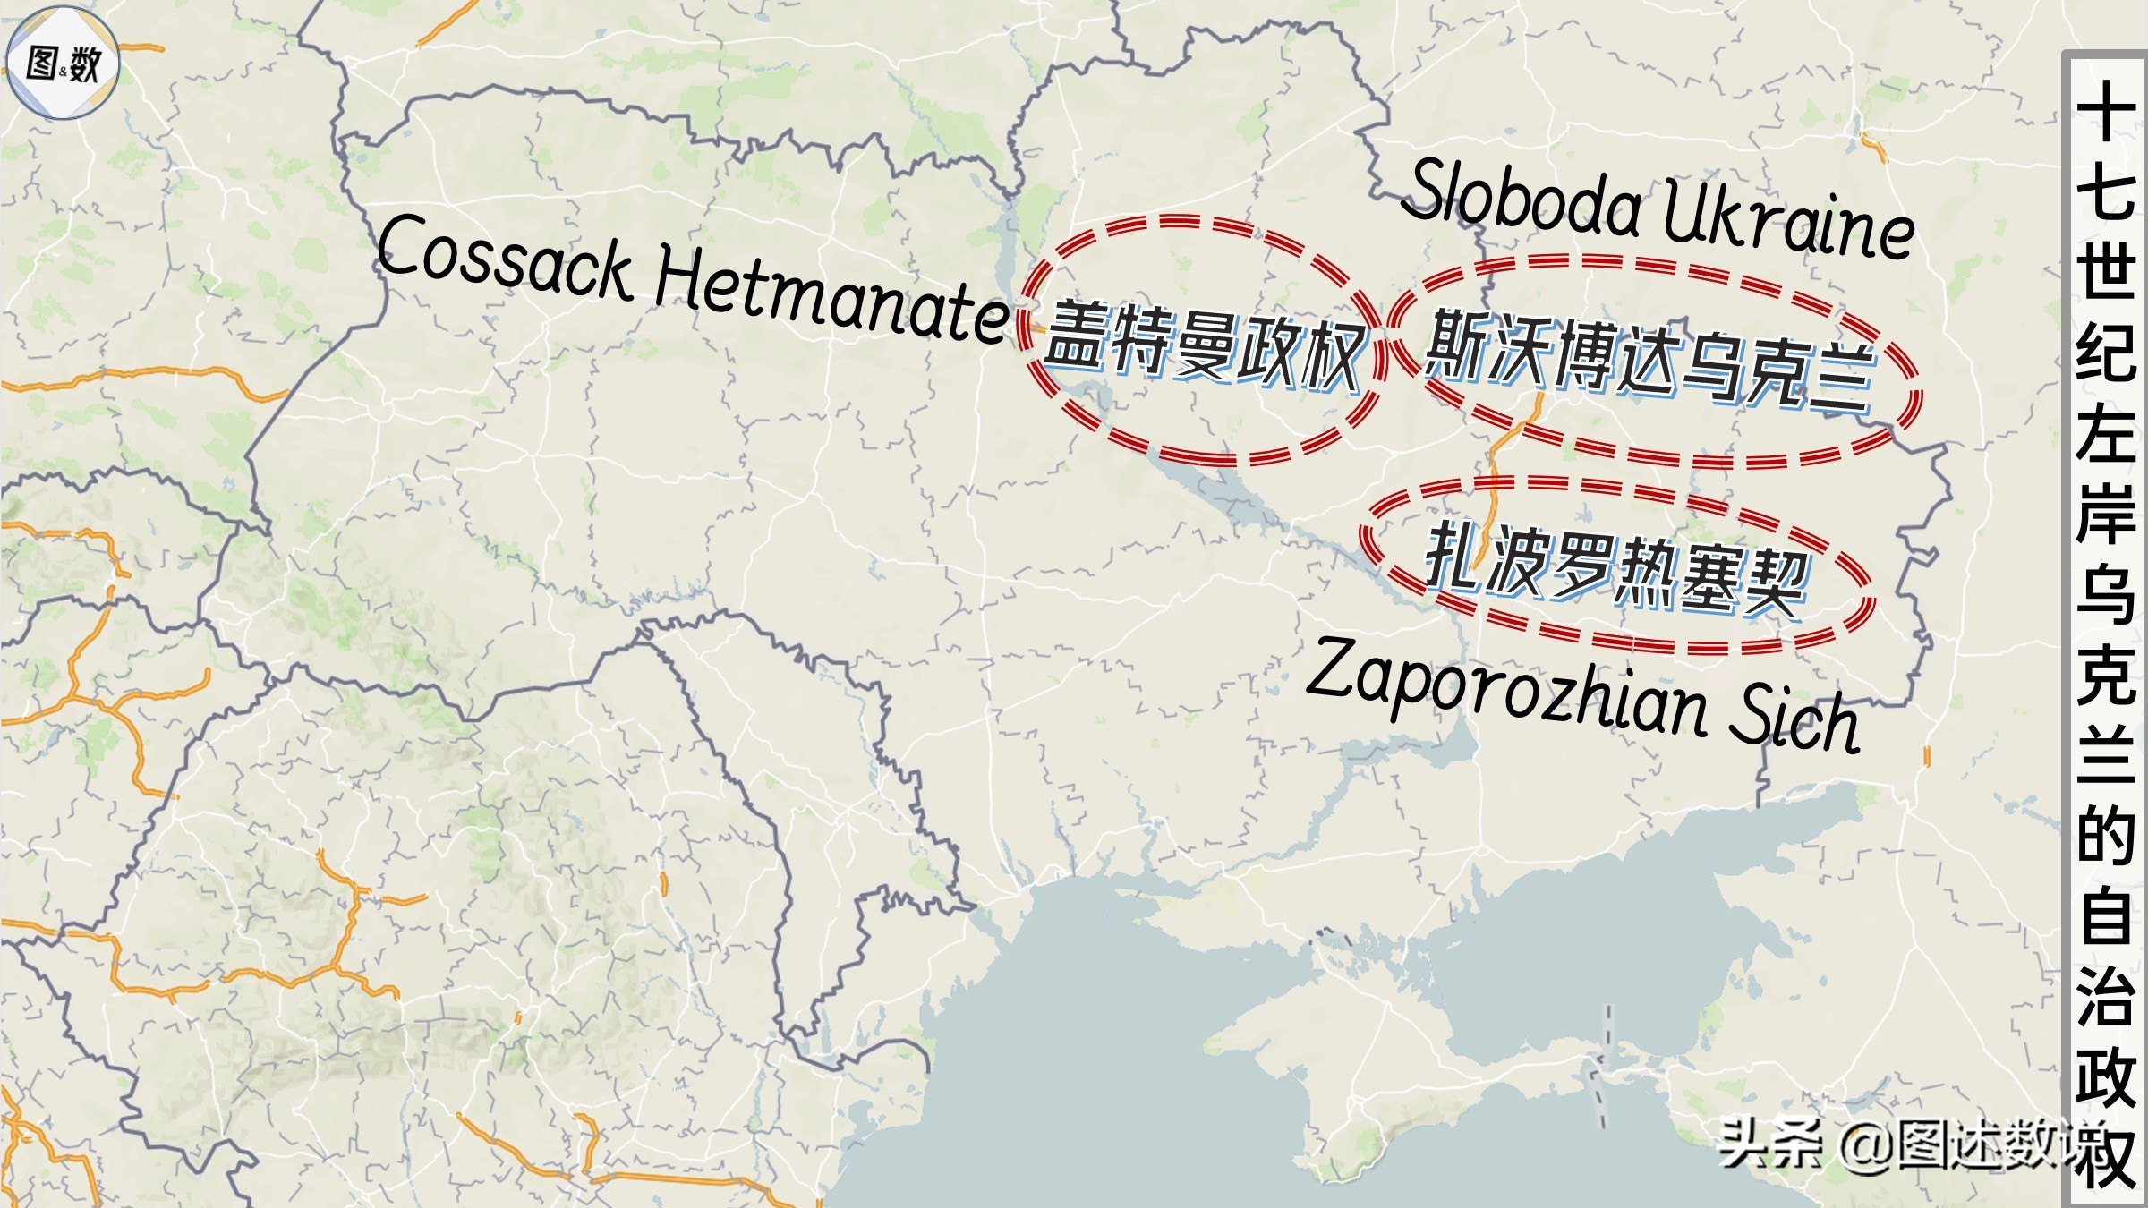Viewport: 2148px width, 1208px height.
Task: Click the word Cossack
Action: click(506, 259)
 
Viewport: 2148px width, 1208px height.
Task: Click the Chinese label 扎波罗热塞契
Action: click(1616, 568)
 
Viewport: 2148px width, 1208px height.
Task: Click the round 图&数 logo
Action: click(63, 63)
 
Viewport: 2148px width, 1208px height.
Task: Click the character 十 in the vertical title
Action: click(2105, 112)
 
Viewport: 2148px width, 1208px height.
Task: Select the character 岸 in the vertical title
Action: click(2105, 515)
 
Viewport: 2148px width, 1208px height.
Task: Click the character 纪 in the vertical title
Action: click(2105, 353)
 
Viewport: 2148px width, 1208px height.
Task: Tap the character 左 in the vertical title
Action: click(2105, 434)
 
